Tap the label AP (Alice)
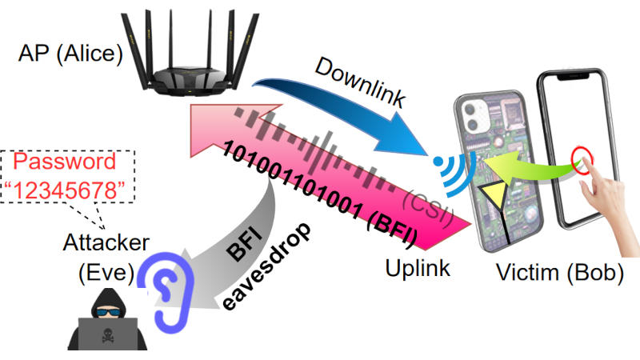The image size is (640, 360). pyautogui.click(x=70, y=54)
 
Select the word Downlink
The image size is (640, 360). pyautogui.click(x=360, y=83)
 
